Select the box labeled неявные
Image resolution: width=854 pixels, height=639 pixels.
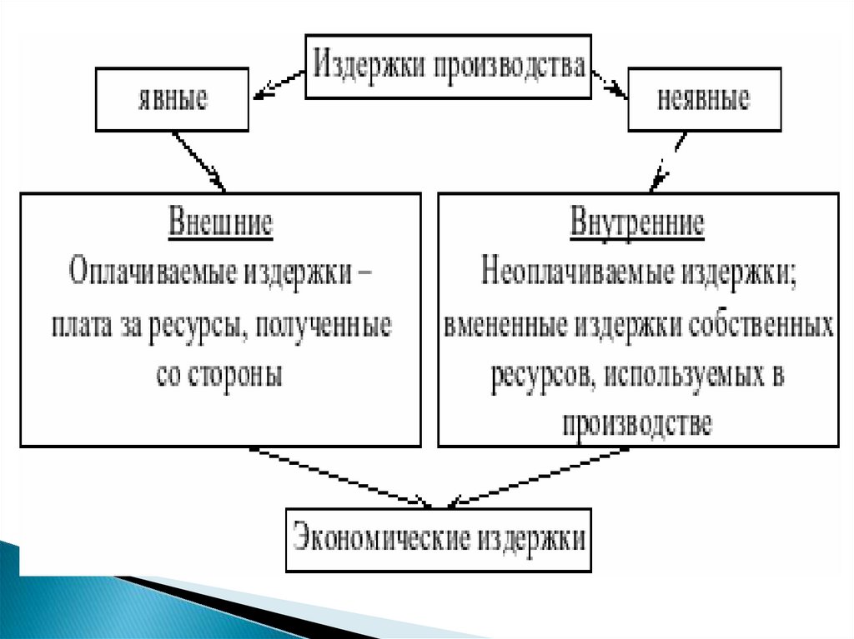704,100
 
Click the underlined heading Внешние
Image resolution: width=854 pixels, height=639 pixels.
221,225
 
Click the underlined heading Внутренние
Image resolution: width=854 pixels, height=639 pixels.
638,225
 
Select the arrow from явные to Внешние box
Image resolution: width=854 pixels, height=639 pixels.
198,162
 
